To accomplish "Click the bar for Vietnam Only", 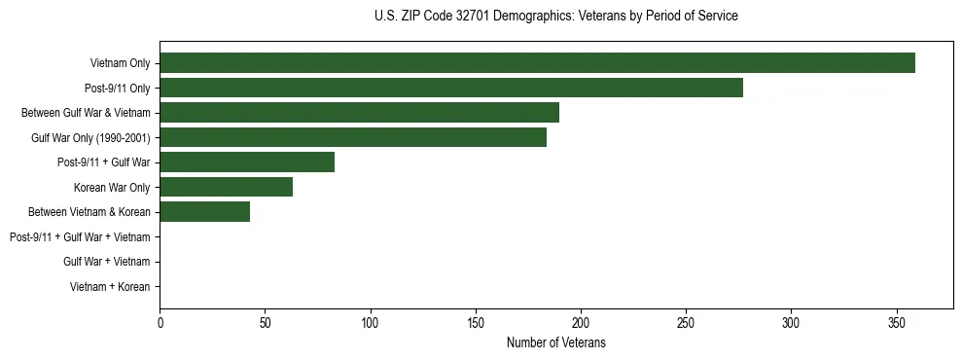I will pyautogui.click(x=537, y=63).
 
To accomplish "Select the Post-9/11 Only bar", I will pyautogui.click(x=451, y=88).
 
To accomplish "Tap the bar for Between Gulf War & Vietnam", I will pyautogui.click(x=359, y=113).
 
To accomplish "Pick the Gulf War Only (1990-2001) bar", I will pyautogui.click(x=353, y=137).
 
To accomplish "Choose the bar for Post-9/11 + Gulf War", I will pyautogui.click(x=247, y=162).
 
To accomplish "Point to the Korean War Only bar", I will pyautogui.click(x=226, y=187).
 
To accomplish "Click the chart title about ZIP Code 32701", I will pyautogui.click(x=555, y=17).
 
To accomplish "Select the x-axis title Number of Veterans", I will pyautogui.click(x=555, y=343).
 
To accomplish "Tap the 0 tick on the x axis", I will pyautogui.click(x=160, y=323).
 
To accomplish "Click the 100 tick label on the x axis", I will pyautogui.click(x=371, y=323).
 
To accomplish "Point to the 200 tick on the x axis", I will pyautogui.click(x=581, y=323).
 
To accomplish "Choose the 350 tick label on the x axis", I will pyautogui.click(x=897, y=323).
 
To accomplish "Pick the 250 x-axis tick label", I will pyautogui.click(x=686, y=323).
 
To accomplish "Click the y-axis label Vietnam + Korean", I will pyautogui.click(x=110, y=287).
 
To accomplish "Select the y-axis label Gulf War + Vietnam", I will pyautogui.click(x=106, y=262).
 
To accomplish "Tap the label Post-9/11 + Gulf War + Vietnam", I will pyautogui.click(x=80, y=237).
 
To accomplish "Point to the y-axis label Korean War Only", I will pyautogui.click(x=111, y=187).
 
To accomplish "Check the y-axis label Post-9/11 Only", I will pyautogui.click(x=117, y=88).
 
